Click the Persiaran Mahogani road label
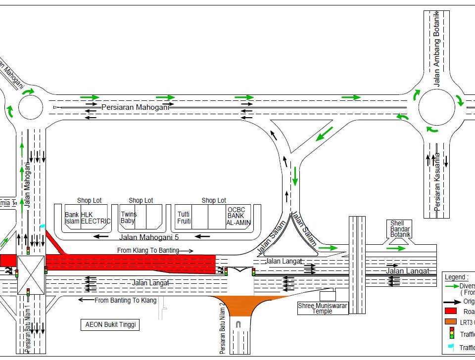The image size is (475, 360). [x=136, y=107]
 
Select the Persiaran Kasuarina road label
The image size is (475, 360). [x=437, y=182]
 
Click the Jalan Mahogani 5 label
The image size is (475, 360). [x=149, y=237]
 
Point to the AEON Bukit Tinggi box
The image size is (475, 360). [x=109, y=325]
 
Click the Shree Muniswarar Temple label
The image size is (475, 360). [x=322, y=309]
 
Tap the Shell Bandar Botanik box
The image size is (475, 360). [x=400, y=229]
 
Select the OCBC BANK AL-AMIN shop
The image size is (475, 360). [x=238, y=216]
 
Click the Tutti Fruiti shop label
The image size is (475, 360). [x=185, y=218]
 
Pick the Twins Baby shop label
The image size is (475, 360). [x=128, y=218]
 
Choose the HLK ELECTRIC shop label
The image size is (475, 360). [x=95, y=218]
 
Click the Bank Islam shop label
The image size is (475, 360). [x=72, y=218]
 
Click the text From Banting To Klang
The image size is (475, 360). [x=126, y=300]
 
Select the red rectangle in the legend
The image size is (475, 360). [x=450, y=311]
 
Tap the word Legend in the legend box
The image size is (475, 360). [x=456, y=277]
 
